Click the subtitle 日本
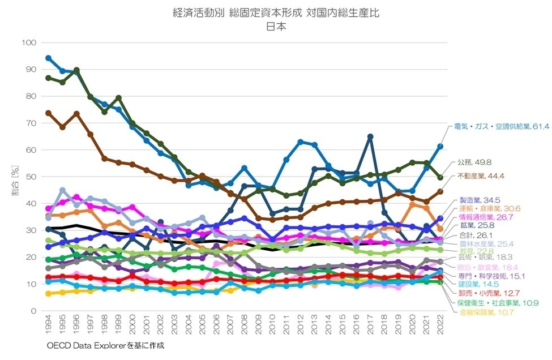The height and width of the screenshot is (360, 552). [276, 27]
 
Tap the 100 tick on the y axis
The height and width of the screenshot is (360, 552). [28, 42]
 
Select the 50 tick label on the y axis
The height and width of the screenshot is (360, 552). [31, 177]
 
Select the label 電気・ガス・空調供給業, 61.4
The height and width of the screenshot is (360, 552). [501, 127]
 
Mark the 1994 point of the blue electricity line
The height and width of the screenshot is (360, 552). [49, 58]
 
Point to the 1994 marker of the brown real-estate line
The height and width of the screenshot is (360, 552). [49, 113]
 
